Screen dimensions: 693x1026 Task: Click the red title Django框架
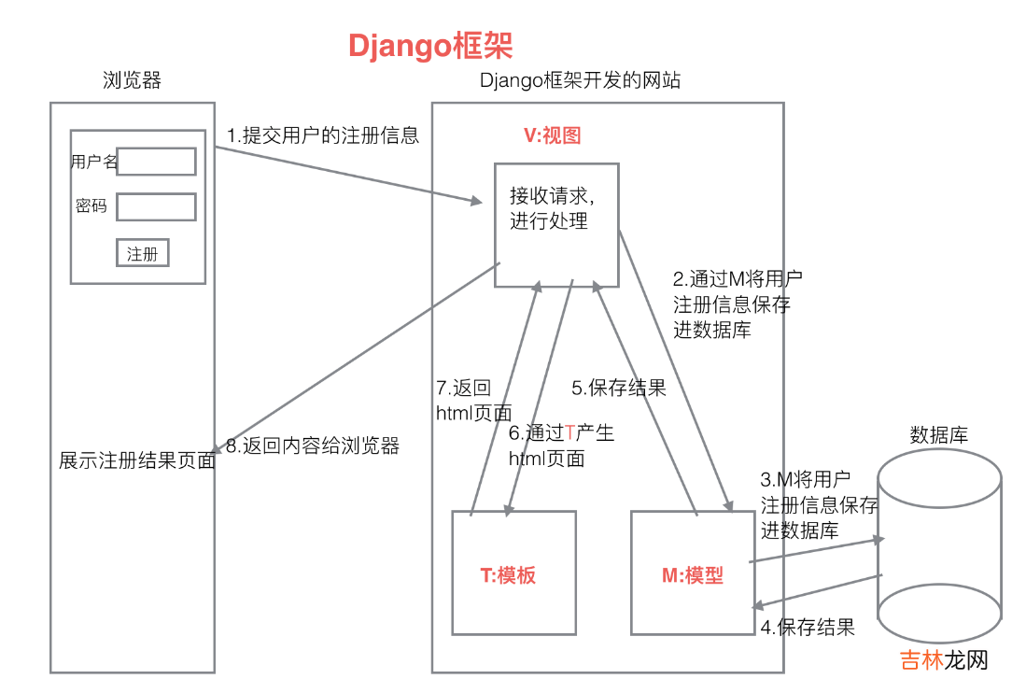(430, 46)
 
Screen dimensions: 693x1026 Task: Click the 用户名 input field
(156, 162)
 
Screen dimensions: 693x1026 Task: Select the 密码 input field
(156, 206)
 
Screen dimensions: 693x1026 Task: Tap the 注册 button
(143, 253)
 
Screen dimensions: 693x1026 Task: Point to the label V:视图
(552, 135)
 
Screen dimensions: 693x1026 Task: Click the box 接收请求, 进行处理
(556, 224)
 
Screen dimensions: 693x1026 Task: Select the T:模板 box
(513, 573)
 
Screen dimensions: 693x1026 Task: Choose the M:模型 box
(692, 573)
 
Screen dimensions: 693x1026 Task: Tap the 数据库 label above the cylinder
(938, 434)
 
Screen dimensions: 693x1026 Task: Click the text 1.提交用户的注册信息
(323, 135)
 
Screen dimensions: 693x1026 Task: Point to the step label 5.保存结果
(618, 389)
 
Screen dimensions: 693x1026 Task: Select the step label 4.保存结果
(808, 628)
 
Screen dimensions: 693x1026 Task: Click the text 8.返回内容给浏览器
(312, 445)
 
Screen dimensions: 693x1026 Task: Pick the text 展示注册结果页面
(137, 460)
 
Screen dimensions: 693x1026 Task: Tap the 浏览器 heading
(132, 80)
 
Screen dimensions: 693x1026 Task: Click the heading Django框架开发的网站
(580, 80)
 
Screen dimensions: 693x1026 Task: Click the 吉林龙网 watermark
(943, 660)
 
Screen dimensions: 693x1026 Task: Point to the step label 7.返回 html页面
(473, 400)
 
